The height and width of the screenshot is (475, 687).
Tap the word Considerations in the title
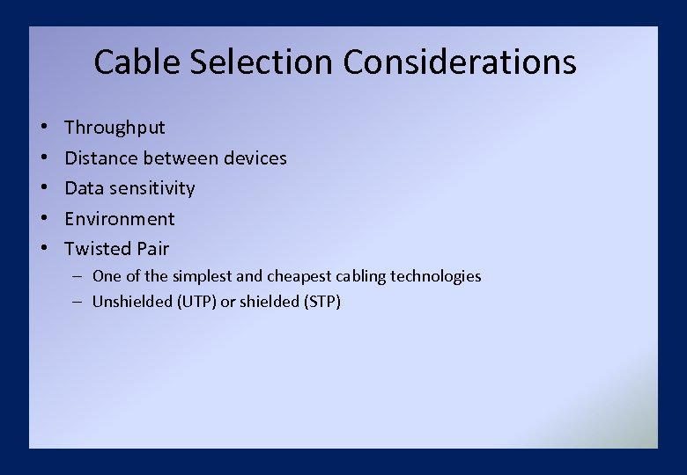460,62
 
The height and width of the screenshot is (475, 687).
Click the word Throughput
114,128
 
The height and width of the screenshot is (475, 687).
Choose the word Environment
120,219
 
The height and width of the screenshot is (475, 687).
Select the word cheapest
299,276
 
